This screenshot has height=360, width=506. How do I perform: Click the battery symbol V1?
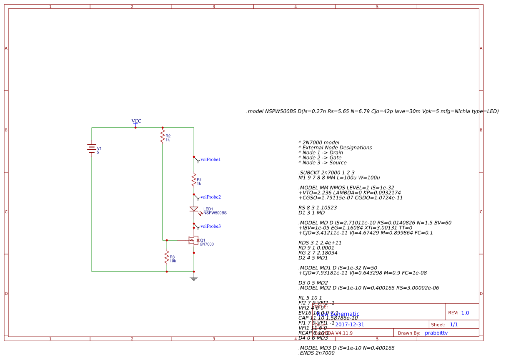point(92,149)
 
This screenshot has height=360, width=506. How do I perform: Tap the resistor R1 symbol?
point(194,180)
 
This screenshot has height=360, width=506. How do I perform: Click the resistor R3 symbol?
point(167,257)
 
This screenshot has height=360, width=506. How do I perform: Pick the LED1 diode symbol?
point(194,209)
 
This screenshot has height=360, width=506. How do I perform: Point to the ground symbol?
point(194,278)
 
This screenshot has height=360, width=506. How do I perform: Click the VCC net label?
point(136,121)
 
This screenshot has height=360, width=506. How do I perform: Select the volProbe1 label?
point(210,159)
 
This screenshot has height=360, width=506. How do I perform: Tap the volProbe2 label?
point(210,197)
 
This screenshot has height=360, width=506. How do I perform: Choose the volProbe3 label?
point(210,226)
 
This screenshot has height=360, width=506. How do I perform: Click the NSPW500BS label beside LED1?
point(215,213)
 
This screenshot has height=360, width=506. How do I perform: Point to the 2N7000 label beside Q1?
point(207,244)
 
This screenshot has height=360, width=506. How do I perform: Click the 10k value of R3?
point(173,261)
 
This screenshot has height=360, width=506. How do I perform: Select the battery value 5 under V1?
point(98,152)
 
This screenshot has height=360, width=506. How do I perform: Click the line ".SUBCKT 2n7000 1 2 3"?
point(326,173)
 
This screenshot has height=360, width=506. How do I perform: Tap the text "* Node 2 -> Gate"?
point(320,158)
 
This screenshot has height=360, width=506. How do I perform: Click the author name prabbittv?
point(436,333)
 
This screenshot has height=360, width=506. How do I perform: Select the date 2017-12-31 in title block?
point(349,324)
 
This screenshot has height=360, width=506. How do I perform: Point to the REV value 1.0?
point(465,312)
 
